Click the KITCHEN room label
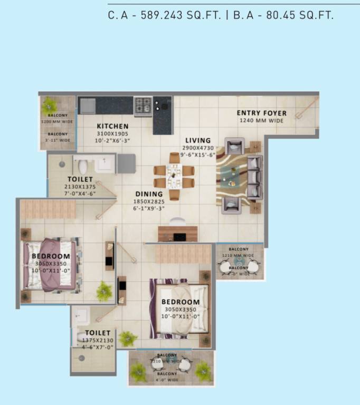(112, 127)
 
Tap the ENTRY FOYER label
(261, 113)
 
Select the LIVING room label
(198, 141)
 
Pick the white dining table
(174, 176)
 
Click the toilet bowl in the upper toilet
(82, 167)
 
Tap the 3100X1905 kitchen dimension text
(112, 134)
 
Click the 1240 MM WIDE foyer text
(261, 121)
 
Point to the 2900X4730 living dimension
(198, 149)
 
